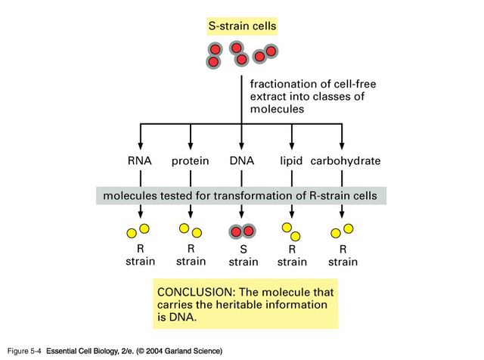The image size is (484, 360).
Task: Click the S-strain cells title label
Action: pyautogui.click(x=242, y=26)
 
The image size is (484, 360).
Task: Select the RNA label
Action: pyautogui.click(x=141, y=161)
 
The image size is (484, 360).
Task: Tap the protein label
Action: pyautogui.click(x=190, y=161)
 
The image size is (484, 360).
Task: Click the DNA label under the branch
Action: pyautogui.click(x=241, y=161)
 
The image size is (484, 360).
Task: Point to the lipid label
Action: pyautogui.click(x=292, y=161)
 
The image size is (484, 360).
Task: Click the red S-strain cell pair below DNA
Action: pyautogui.click(x=242, y=231)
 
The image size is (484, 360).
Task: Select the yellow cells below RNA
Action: pyautogui.click(x=139, y=230)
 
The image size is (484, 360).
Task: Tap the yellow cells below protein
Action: pyautogui.click(x=190, y=230)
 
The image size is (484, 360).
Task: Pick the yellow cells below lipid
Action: pyautogui.click(x=291, y=231)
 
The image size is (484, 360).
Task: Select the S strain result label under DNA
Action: pyautogui.click(x=242, y=255)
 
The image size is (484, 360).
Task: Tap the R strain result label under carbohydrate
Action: pyautogui.click(x=343, y=255)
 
